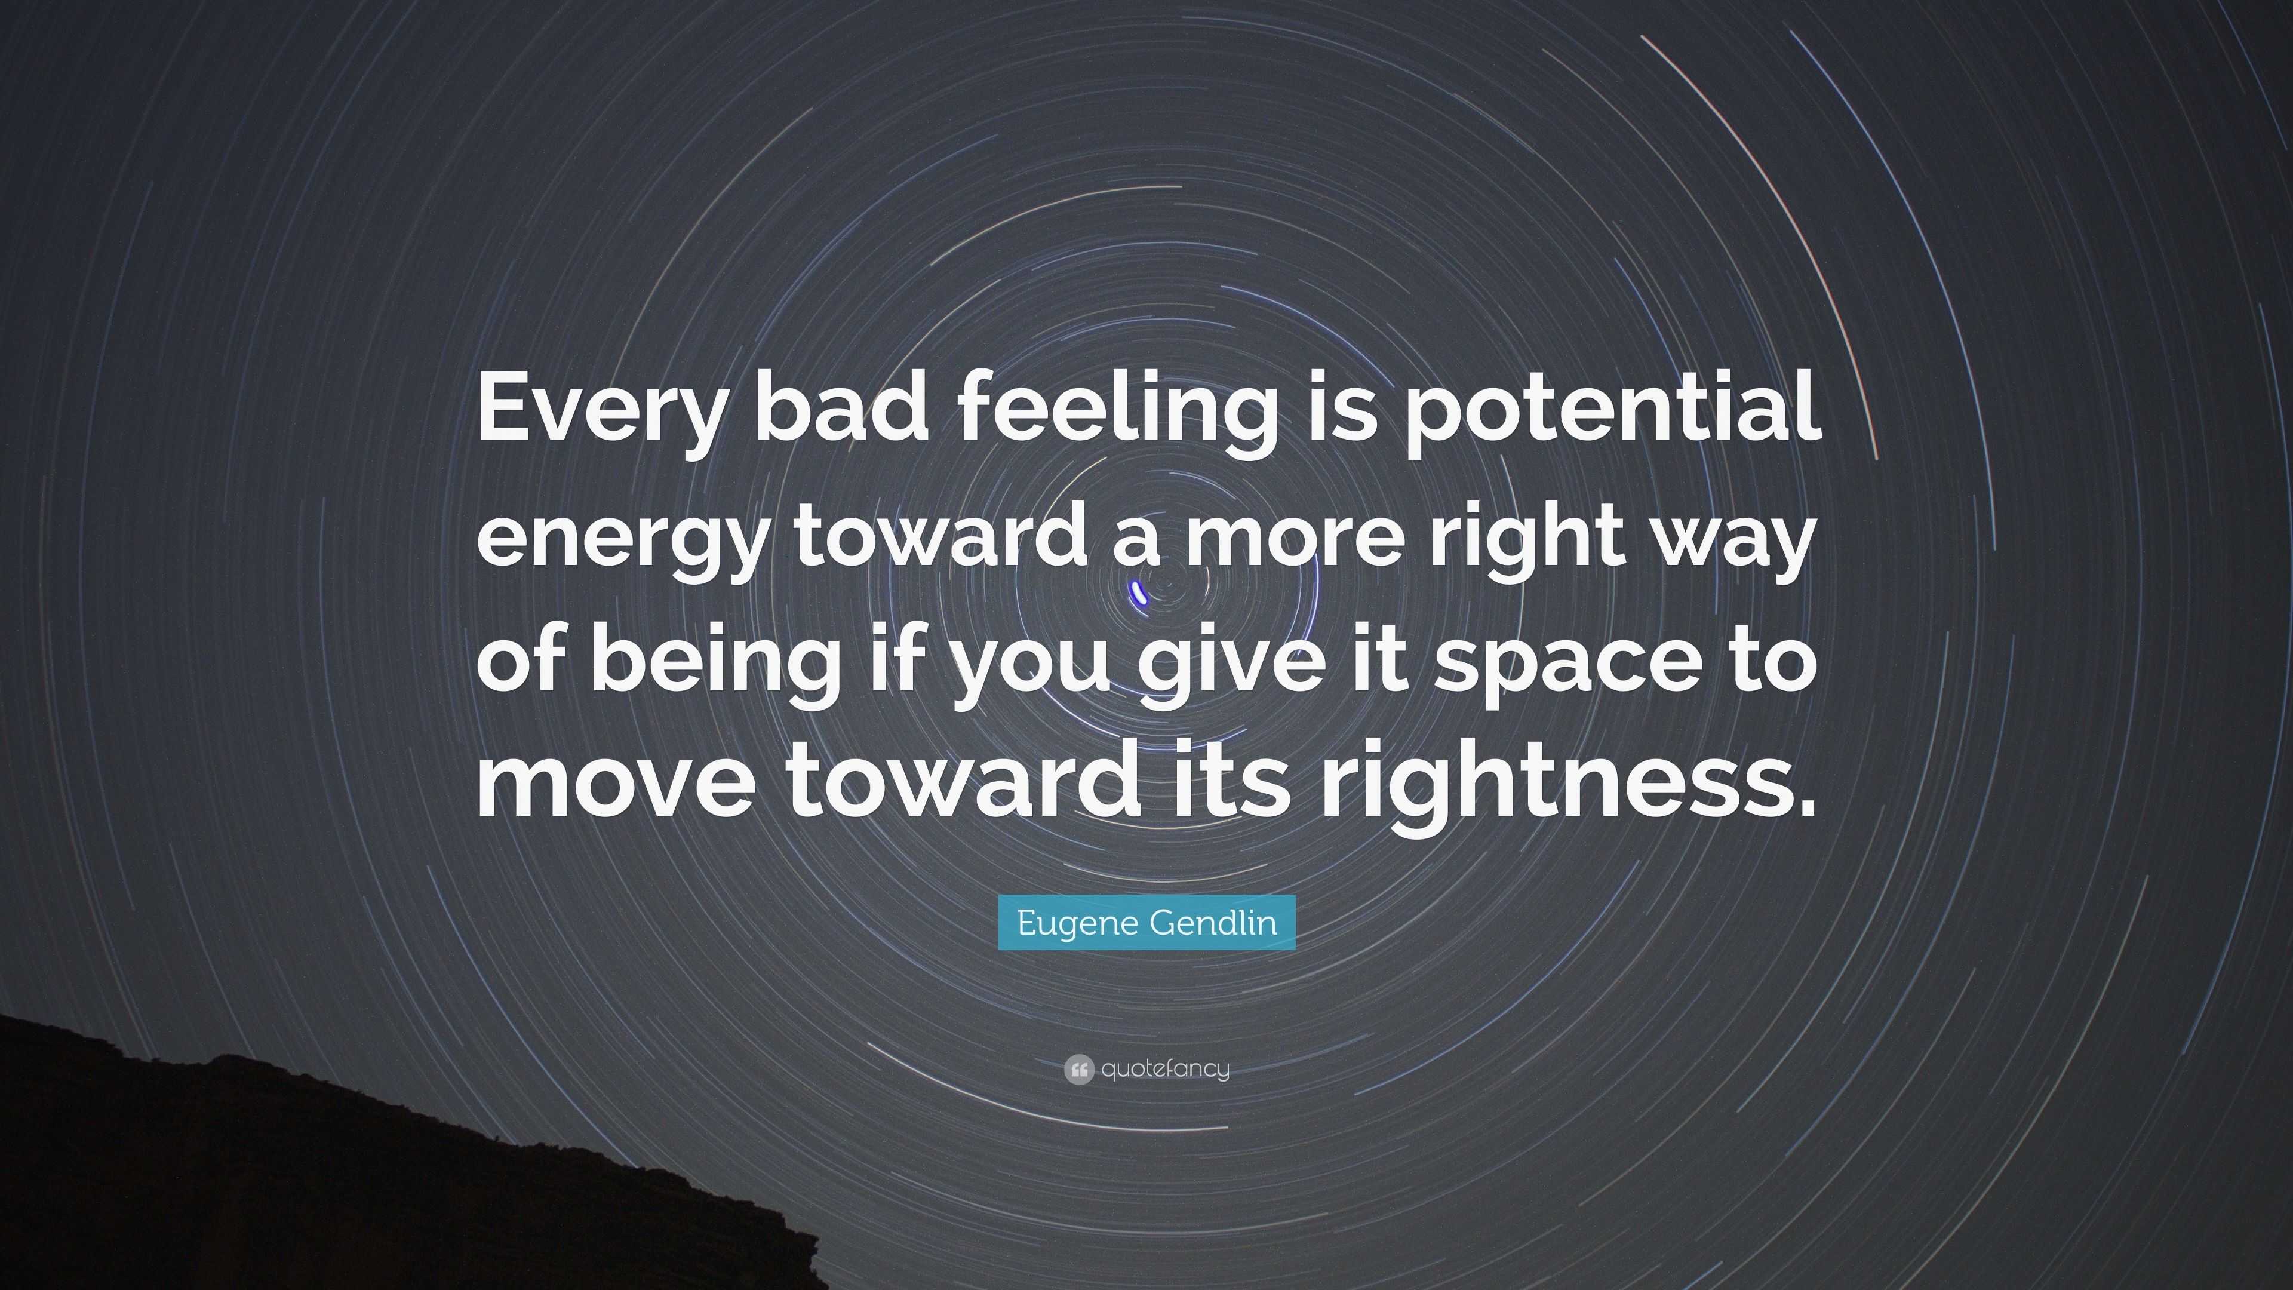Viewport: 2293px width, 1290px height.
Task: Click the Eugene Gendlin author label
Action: point(1146,922)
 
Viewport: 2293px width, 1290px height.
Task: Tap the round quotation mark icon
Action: point(1078,1069)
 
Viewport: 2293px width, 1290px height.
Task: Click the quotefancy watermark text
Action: point(1165,1068)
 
